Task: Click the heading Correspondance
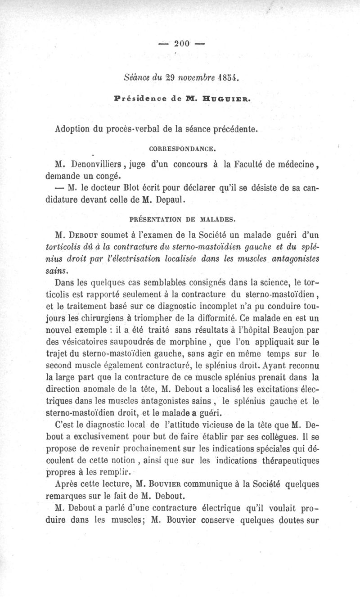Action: (x=183, y=147)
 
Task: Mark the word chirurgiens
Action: (x=100, y=318)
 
